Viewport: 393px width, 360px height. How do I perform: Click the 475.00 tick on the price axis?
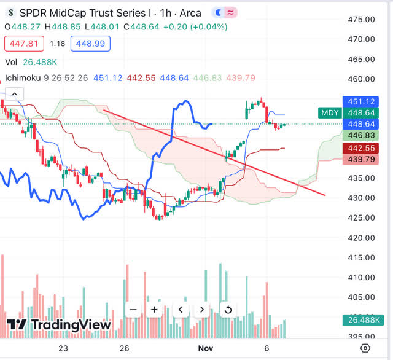coord(361,19)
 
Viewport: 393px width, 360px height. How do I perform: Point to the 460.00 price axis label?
coord(361,79)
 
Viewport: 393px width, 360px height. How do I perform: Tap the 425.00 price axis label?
coord(361,218)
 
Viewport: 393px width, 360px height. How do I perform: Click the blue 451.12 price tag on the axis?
coord(361,101)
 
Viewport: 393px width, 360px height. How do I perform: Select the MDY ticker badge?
coord(328,112)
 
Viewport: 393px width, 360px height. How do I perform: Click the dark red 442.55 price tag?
coord(361,148)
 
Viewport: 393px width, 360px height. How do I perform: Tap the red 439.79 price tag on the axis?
coord(361,159)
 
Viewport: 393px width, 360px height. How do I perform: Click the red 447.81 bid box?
coord(21,44)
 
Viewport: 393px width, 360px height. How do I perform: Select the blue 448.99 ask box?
coord(90,44)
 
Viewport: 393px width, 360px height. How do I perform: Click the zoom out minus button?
coord(132,310)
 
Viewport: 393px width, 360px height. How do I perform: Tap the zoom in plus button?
coord(154,310)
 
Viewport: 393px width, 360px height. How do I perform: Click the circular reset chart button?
coord(228,310)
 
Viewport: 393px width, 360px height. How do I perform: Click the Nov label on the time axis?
coord(206,348)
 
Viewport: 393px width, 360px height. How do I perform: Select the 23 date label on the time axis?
coord(63,348)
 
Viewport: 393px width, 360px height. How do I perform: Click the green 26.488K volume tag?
coord(361,319)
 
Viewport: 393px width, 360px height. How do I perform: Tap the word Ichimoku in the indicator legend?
coord(25,78)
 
